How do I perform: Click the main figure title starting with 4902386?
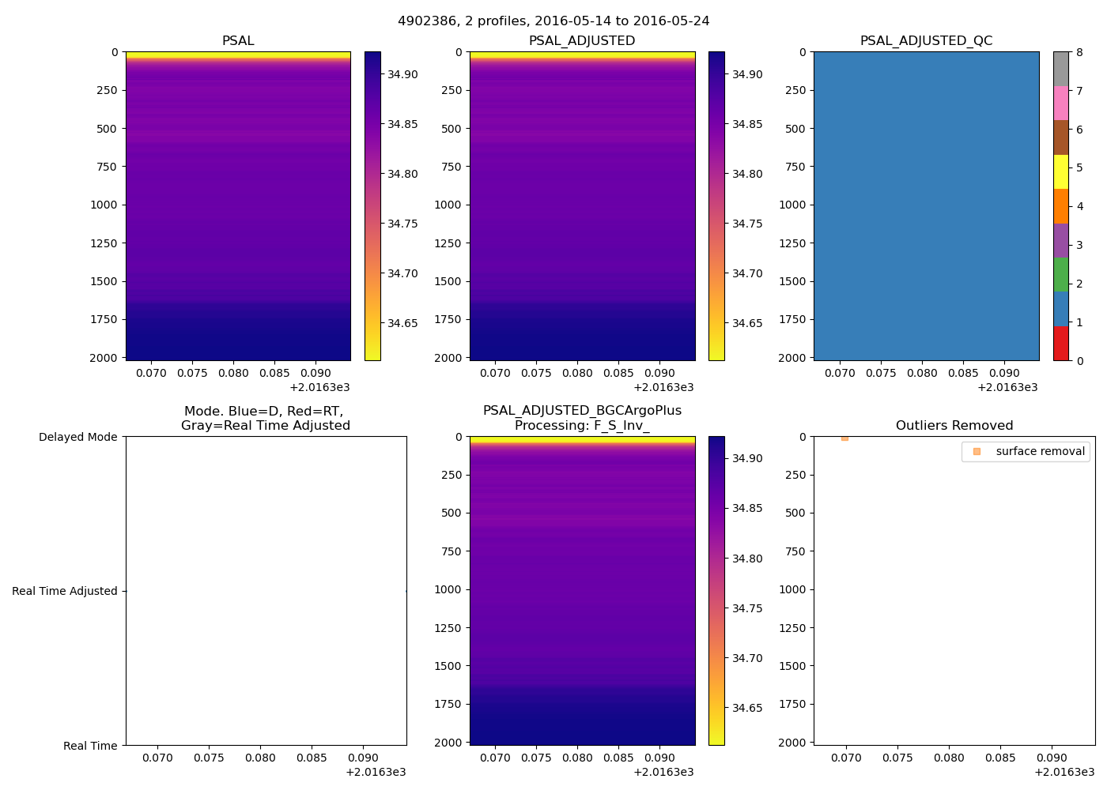(553, 21)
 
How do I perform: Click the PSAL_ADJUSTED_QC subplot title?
(926, 41)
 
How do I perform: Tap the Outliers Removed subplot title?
(954, 426)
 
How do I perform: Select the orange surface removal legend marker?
(977, 451)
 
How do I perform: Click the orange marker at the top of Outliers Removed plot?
(844, 438)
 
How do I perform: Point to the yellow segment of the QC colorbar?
(1060, 171)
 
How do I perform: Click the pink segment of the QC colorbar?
(1060, 103)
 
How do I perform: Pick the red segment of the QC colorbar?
(1060, 344)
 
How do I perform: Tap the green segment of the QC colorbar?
(1060, 275)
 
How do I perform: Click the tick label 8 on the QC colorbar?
(1079, 52)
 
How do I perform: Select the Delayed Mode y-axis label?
(77, 437)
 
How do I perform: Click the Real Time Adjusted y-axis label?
(65, 591)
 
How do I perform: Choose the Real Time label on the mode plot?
(90, 746)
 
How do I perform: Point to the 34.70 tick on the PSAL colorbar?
(402, 273)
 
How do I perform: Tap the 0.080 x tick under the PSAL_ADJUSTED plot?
(577, 373)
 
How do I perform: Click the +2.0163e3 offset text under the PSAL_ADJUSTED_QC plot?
(1007, 387)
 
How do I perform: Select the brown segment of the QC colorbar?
(1060, 137)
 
